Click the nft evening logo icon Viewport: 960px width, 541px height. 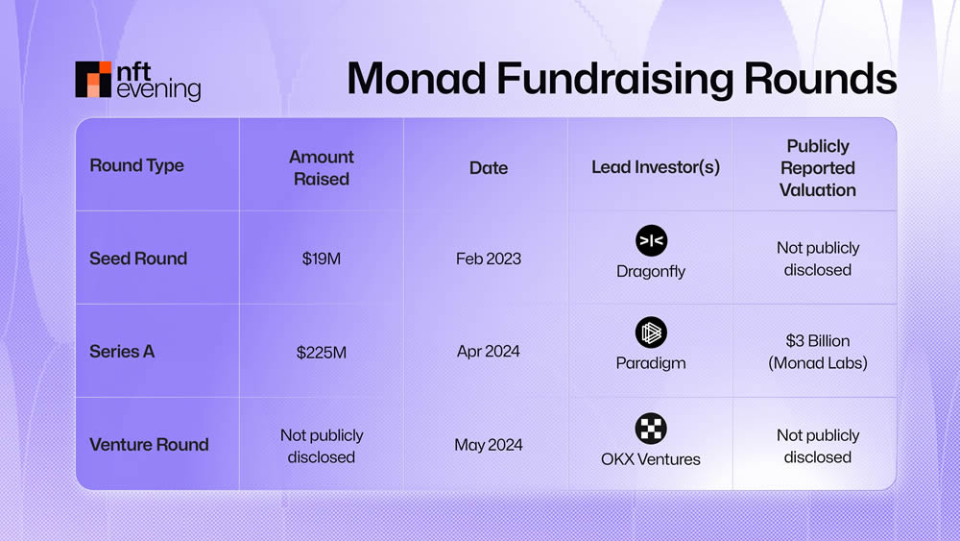click(93, 80)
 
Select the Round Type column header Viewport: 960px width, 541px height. click(136, 165)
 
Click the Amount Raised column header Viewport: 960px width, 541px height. click(321, 167)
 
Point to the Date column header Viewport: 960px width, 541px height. click(488, 167)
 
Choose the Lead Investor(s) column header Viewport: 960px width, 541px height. click(655, 167)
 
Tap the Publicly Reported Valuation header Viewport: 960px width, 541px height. click(817, 167)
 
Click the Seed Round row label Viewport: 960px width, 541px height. click(138, 258)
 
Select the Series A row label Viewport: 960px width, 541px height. click(122, 352)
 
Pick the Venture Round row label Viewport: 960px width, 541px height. click(149, 445)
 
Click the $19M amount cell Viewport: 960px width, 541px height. click(321, 259)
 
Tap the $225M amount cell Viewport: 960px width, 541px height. click(321, 353)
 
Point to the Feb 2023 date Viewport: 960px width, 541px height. click(488, 259)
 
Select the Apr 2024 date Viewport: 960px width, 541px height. click(488, 352)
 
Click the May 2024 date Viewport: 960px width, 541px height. click(488, 446)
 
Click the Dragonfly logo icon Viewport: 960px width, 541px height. click(651, 240)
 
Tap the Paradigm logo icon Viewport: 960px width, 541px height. click(651, 332)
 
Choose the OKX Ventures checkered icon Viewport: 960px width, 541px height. click(651, 428)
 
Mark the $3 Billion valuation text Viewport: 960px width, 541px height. click(817, 341)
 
